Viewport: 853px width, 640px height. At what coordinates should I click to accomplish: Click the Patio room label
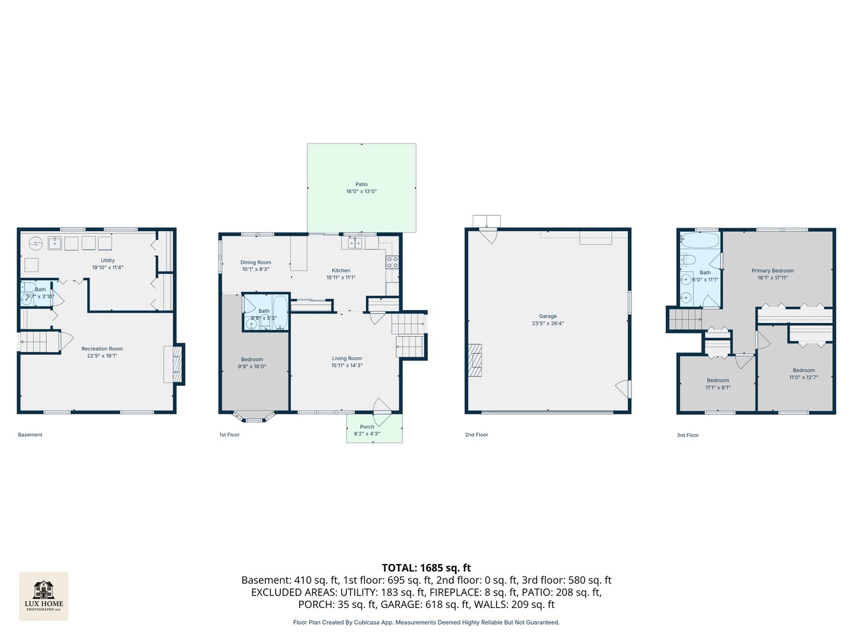tap(361, 184)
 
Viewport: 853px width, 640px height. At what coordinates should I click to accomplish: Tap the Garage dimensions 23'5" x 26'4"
tap(547, 324)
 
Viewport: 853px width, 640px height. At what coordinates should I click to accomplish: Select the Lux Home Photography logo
tap(44, 596)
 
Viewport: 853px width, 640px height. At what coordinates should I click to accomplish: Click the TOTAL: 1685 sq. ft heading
tap(426, 568)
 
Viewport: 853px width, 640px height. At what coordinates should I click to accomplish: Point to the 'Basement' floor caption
tap(30, 435)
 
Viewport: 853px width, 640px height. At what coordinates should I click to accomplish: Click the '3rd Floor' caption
tap(688, 435)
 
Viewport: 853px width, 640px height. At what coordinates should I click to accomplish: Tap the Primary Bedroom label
tap(772, 271)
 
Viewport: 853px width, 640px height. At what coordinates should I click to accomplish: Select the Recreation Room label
tap(102, 349)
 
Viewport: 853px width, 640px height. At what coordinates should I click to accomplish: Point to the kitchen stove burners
tap(392, 262)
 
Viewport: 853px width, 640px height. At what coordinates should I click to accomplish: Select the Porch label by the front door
tap(367, 427)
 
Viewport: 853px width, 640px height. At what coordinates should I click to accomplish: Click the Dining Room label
tap(255, 263)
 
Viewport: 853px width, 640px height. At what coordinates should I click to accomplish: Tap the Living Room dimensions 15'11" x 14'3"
tap(347, 366)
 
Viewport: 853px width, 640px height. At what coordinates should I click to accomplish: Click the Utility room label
tap(107, 260)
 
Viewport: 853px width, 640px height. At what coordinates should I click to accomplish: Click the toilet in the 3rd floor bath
tap(688, 260)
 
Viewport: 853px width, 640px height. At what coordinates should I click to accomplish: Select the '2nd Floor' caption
tap(476, 435)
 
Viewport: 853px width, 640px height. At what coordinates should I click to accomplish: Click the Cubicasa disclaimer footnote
tap(426, 622)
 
